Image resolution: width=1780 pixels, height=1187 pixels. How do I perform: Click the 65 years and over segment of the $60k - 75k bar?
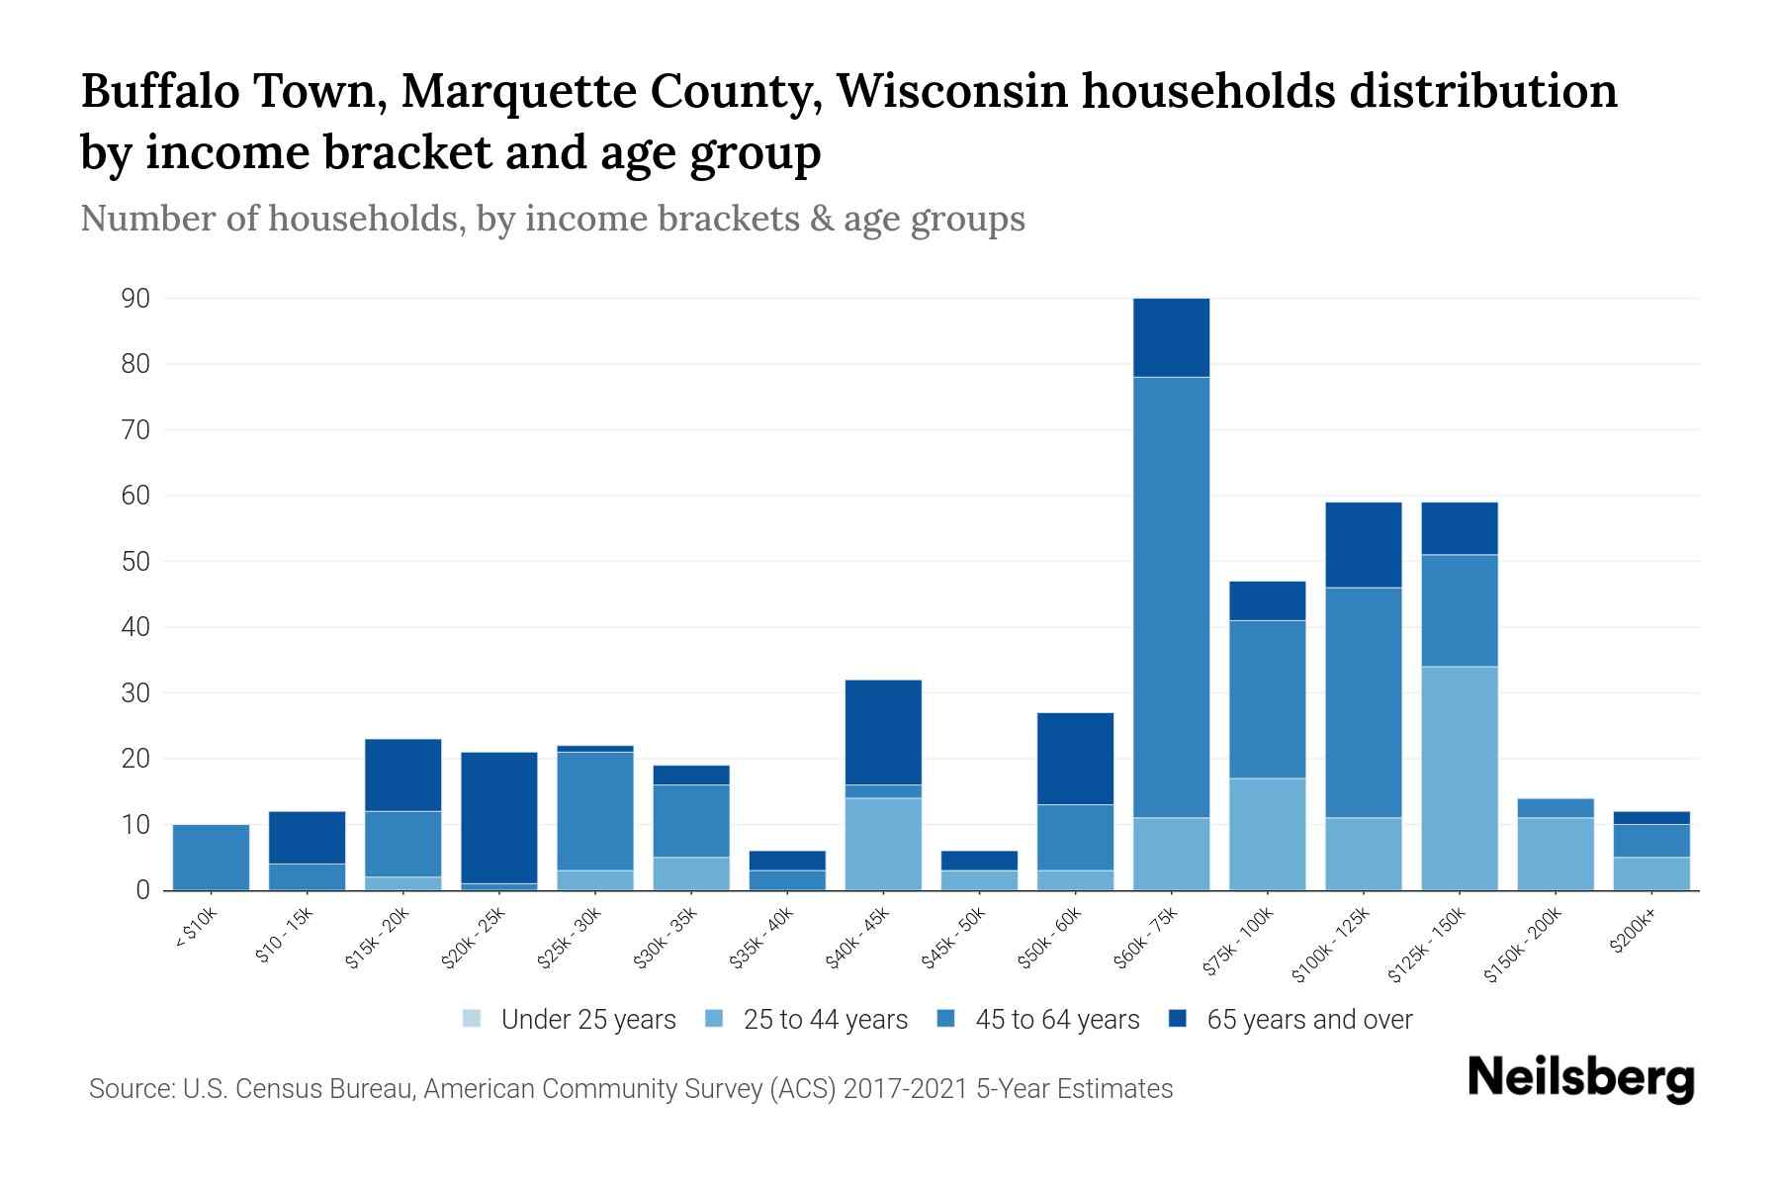tap(1171, 337)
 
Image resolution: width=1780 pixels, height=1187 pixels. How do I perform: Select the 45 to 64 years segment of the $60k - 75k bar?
tap(1171, 596)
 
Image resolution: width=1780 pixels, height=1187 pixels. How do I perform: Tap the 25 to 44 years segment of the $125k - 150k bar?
tap(1459, 777)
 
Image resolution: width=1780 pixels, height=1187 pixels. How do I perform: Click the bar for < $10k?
tap(211, 857)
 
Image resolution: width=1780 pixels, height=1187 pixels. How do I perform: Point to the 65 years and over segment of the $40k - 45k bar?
tap(883, 732)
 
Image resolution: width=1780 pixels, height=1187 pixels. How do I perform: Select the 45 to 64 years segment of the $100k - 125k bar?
tap(1363, 702)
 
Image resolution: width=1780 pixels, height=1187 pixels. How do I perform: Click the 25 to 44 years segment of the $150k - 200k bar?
tap(1555, 854)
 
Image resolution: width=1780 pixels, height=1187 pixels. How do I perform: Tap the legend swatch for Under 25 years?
tap(473, 1019)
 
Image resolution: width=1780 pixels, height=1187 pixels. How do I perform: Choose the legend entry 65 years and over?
tap(1308, 1020)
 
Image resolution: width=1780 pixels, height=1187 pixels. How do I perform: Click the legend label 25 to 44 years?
tap(825, 1020)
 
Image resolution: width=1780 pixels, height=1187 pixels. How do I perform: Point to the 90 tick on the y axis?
tap(135, 299)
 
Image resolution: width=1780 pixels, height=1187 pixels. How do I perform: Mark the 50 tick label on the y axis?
tap(135, 562)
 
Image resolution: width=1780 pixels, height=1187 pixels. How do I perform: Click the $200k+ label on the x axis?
tap(1633, 934)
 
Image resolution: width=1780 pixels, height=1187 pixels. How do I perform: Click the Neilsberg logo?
tap(1580, 1078)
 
